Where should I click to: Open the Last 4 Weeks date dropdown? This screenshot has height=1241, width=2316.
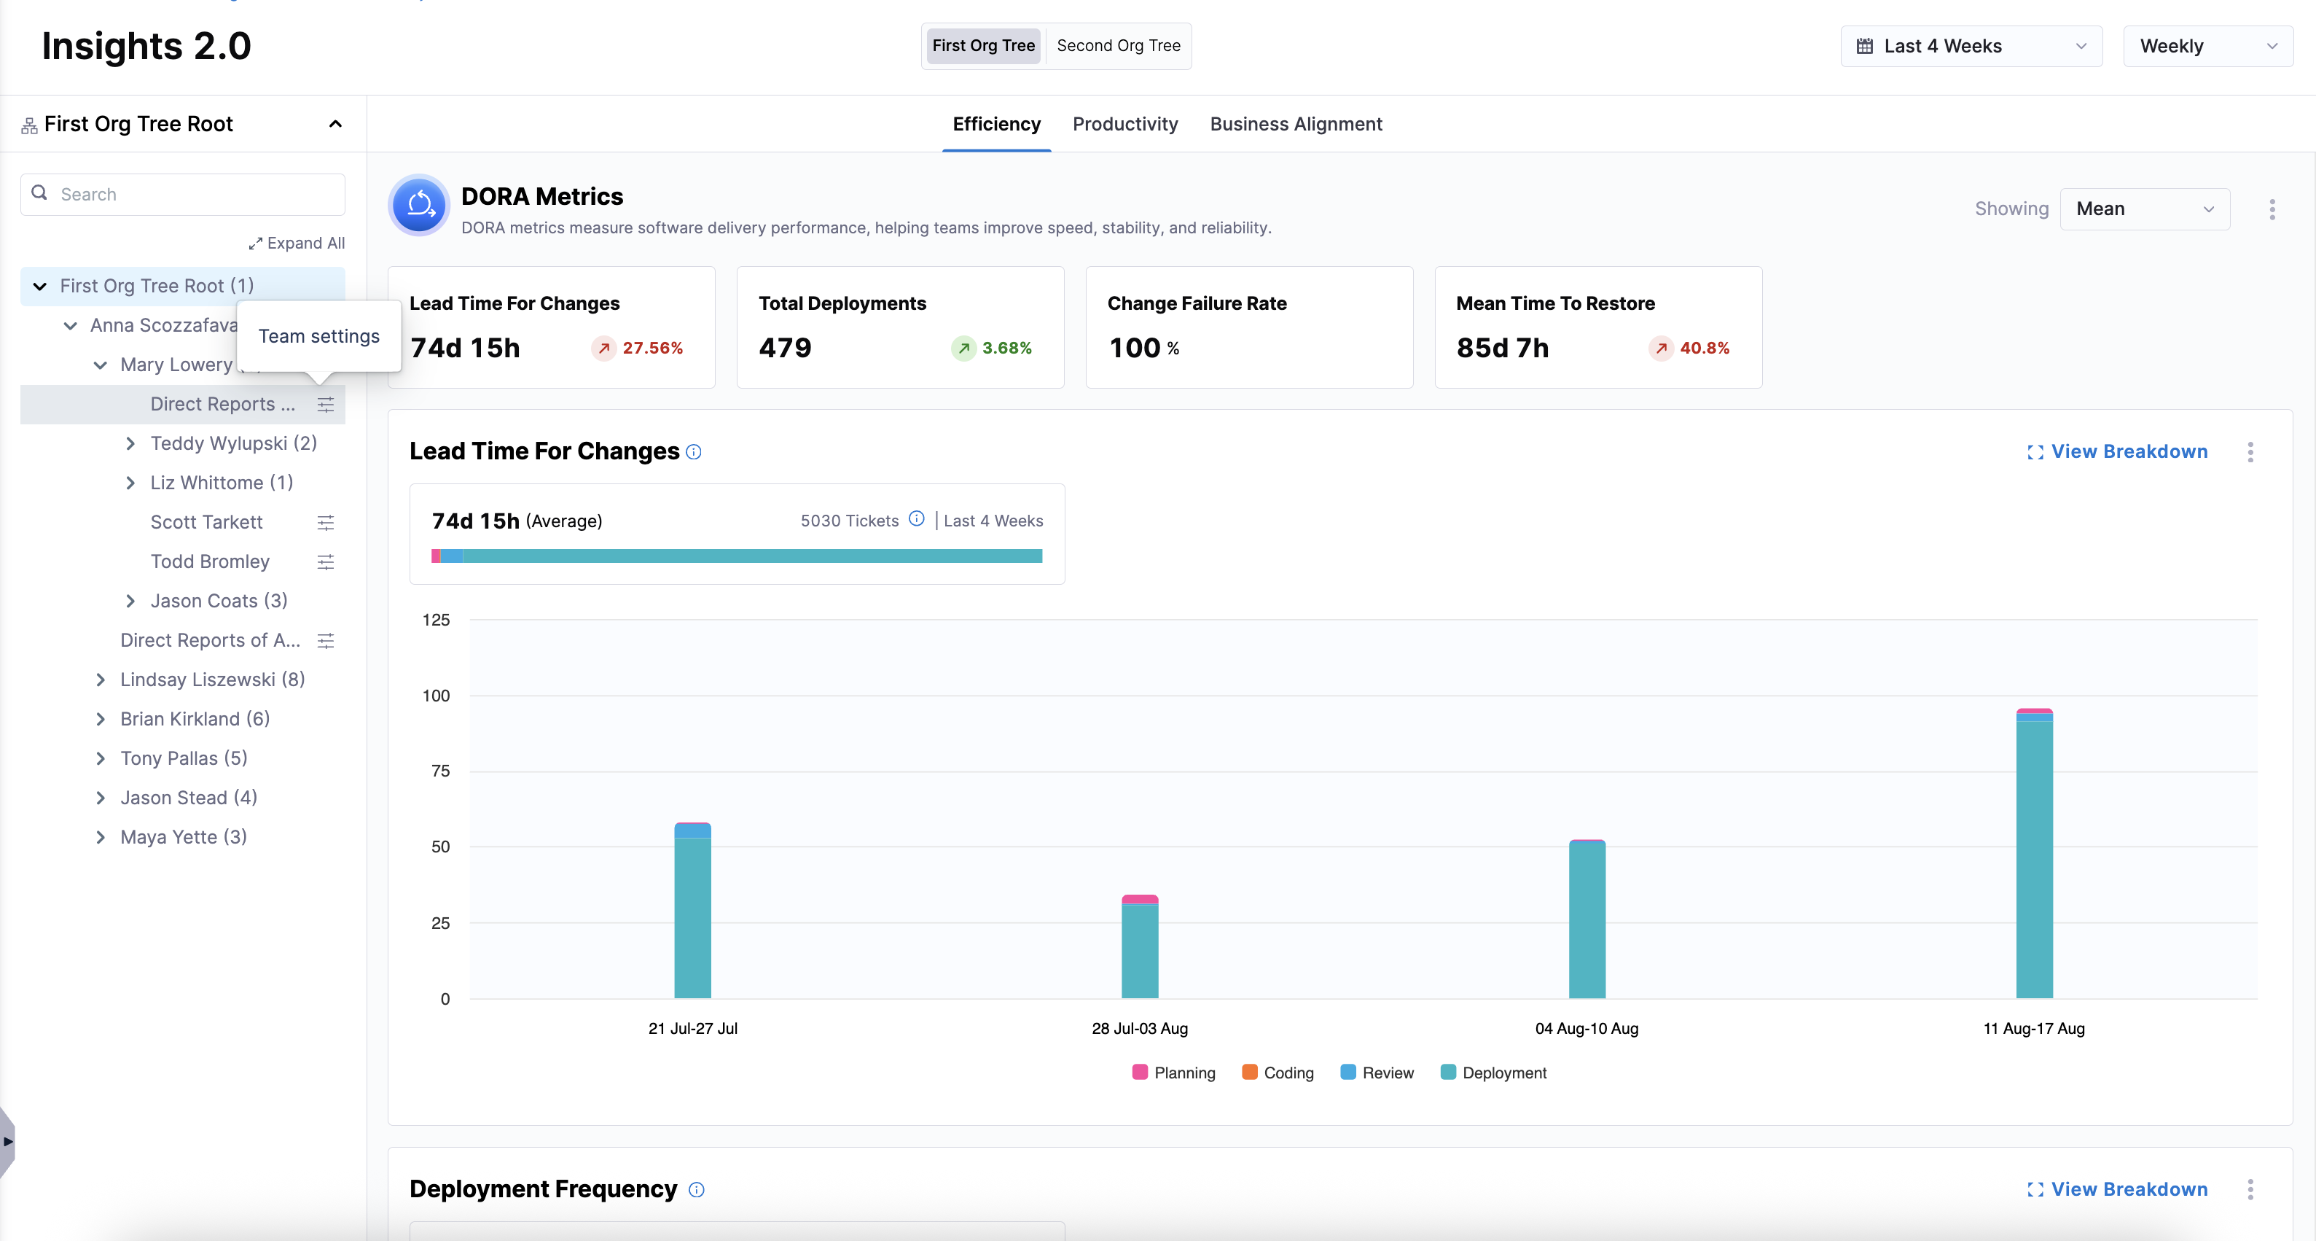click(1970, 46)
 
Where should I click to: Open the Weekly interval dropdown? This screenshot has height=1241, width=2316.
click(2207, 46)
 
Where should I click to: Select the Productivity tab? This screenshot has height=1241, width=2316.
click(1124, 124)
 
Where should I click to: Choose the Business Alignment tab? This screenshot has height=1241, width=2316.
click(1296, 124)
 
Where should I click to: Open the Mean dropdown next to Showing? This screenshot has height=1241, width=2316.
click(2144, 209)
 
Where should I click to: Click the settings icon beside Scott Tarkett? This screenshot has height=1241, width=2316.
click(326, 523)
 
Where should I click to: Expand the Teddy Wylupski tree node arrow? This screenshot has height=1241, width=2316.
click(130, 443)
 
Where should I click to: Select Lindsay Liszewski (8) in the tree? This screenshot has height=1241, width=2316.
click(212, 680)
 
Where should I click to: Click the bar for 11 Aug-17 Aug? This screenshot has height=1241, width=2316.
click(2034, 855)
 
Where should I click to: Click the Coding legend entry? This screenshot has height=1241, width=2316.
click(1278, 1073)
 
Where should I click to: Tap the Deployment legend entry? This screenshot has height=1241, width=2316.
click(1493, 1073)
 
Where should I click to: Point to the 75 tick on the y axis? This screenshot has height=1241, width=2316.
click(439, 771)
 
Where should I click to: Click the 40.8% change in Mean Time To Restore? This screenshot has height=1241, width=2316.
click(1704, 348)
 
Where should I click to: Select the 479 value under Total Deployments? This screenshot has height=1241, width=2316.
click(785, 348)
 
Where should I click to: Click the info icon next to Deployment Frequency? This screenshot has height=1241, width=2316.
click(696, 1190)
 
